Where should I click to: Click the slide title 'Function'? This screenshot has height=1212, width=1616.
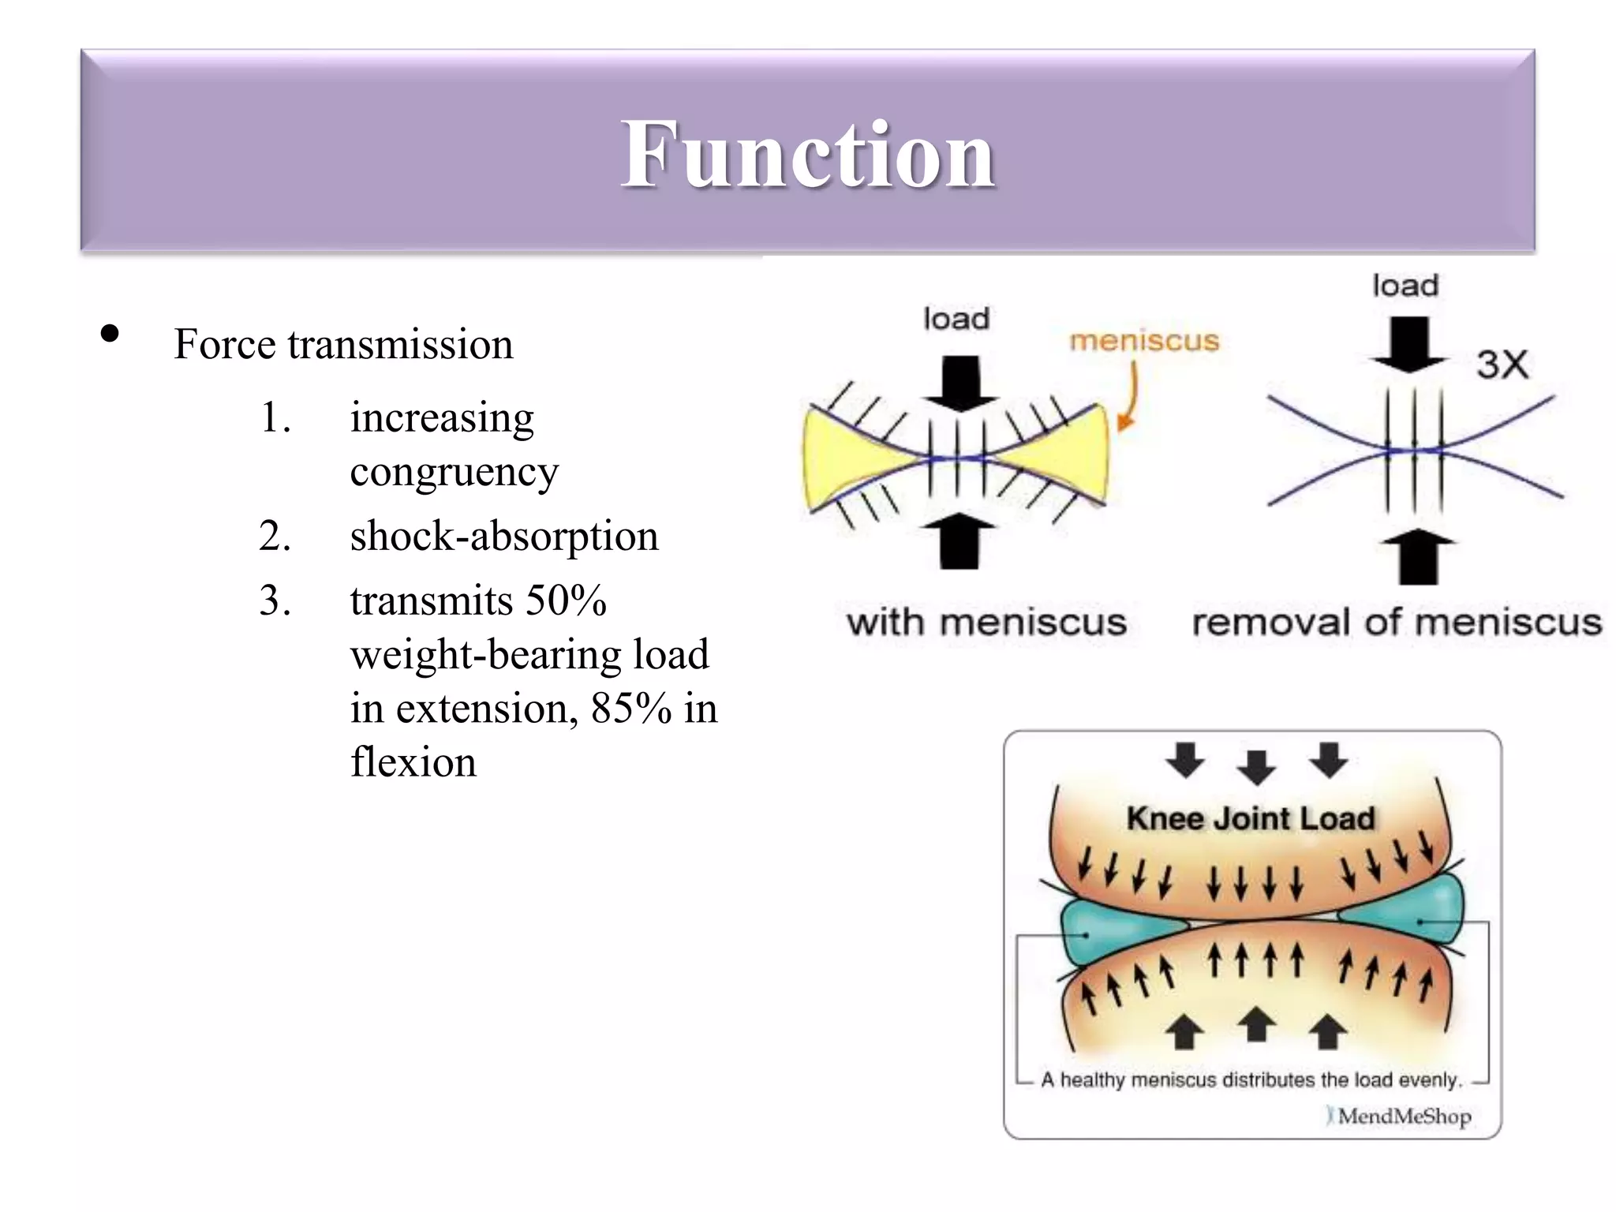pos(807,154)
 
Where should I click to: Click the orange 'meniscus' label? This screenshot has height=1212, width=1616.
pos(1143,341)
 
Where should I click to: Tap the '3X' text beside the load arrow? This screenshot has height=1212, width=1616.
pos(1502,365)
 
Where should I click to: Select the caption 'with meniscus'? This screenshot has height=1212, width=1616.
pos(986,623)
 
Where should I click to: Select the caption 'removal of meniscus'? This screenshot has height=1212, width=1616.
pos(1397,623)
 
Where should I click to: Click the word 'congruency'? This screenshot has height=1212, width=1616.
pos(454,473)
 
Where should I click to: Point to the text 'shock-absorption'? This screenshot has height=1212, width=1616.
pos(503,537)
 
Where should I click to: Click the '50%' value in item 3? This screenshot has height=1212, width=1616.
pos(566,601)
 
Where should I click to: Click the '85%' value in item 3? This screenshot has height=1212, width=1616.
pos(631,709)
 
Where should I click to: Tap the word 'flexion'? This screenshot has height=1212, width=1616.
pos(413,763)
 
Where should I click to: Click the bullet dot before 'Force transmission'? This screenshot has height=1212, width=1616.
pos(110,335)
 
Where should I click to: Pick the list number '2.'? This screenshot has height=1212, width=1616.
pos(275,537)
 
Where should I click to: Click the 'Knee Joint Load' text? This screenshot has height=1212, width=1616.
pos(1251,818)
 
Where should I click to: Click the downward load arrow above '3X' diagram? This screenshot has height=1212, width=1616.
pos(1408,344)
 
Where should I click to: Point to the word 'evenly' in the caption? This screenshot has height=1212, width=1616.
pos(1430,1080)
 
